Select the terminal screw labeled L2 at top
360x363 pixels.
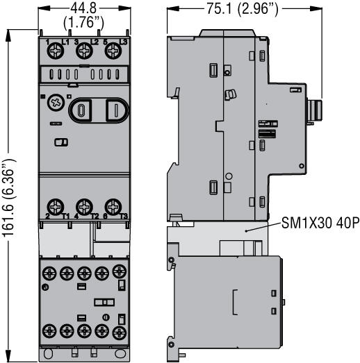coord(84,50)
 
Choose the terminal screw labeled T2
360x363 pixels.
coord(84,206)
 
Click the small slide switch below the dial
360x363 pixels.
coord(60,142)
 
